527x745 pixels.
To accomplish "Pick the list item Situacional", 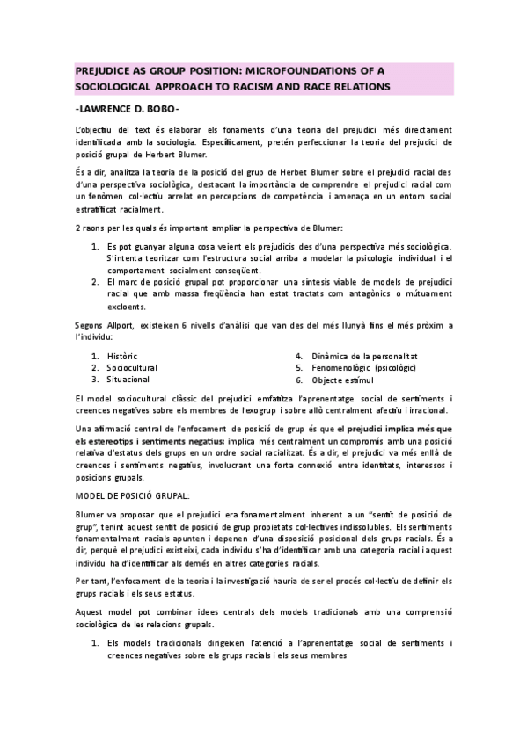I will tap(128, 380).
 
